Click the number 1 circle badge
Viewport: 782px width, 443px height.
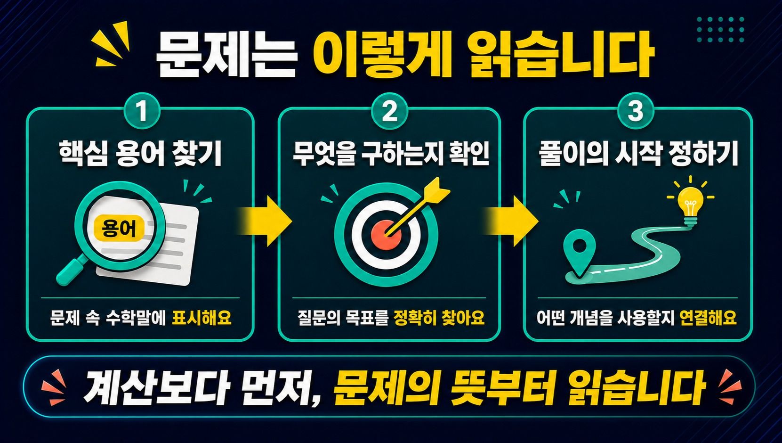[x=142, y=112]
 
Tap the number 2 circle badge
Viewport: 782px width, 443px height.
[x=390, y=112]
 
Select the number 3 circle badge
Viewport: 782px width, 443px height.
[x=635, y=112]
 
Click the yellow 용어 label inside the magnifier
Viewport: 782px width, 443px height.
[x=118, y=229]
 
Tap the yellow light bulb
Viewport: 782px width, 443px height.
[x=690, y=206]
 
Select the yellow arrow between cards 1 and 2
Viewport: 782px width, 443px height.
[x=264, y=221]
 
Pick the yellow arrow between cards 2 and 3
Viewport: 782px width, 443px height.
[x=511, y=221]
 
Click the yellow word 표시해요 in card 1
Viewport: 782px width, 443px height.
[x=202, y=318]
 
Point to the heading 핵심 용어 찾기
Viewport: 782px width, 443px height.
[x=140, y=154]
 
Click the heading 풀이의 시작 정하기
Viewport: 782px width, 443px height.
[x=638, y=154]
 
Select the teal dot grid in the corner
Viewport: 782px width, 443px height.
[x=720, y=30]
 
